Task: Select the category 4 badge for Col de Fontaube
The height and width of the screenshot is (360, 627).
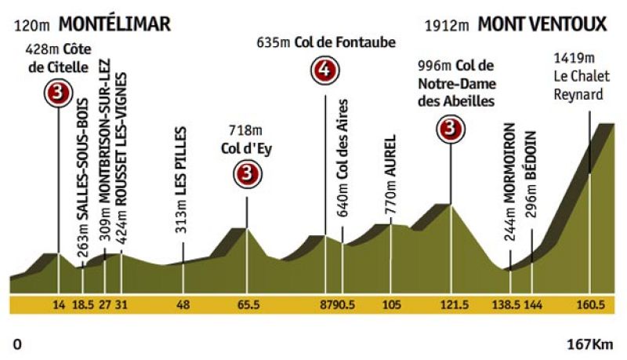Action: (x=324, y=71)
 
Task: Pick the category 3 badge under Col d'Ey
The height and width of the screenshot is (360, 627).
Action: (x=248, y=172)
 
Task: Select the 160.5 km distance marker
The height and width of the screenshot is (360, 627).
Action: (x=589, y=305)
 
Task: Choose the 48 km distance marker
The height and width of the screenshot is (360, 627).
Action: (x=183, y=305)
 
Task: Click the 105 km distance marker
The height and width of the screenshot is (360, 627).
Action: (x=392, y=305)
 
